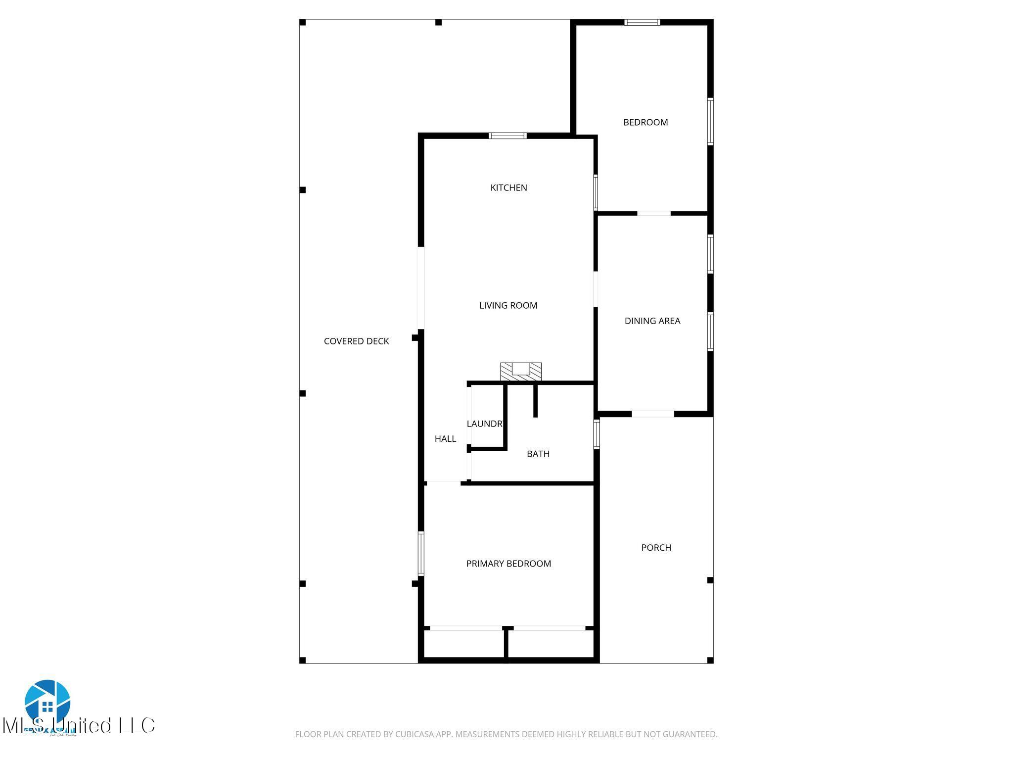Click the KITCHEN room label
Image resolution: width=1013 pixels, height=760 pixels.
click(508, 188)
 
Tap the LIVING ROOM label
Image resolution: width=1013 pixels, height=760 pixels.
click(508, 305)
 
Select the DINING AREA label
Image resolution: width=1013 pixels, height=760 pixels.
click(652, 321)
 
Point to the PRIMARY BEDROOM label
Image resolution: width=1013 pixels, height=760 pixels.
click(508, 564)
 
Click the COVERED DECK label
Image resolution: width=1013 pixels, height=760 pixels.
click(356, 341)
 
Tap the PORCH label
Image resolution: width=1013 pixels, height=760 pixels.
click(656, 548)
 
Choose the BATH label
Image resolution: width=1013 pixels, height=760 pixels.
click(538, 454)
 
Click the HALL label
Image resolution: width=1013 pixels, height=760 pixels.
click(445, 438)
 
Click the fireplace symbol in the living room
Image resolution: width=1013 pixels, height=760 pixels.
click(521, 372)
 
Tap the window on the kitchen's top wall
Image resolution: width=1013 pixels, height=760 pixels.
click(507, 136)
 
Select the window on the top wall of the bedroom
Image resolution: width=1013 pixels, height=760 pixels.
click(642, 22)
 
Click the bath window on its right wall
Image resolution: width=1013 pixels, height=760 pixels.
click(597, 434)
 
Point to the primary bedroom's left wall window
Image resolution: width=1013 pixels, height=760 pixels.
click(421, 553)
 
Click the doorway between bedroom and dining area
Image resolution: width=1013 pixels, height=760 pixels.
click(653, 213)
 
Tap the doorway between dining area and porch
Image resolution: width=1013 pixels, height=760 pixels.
click(653, 414)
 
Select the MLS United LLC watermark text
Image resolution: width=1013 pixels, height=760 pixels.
click(79, 726)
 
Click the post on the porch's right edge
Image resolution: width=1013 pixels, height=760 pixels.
click(710, 580)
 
